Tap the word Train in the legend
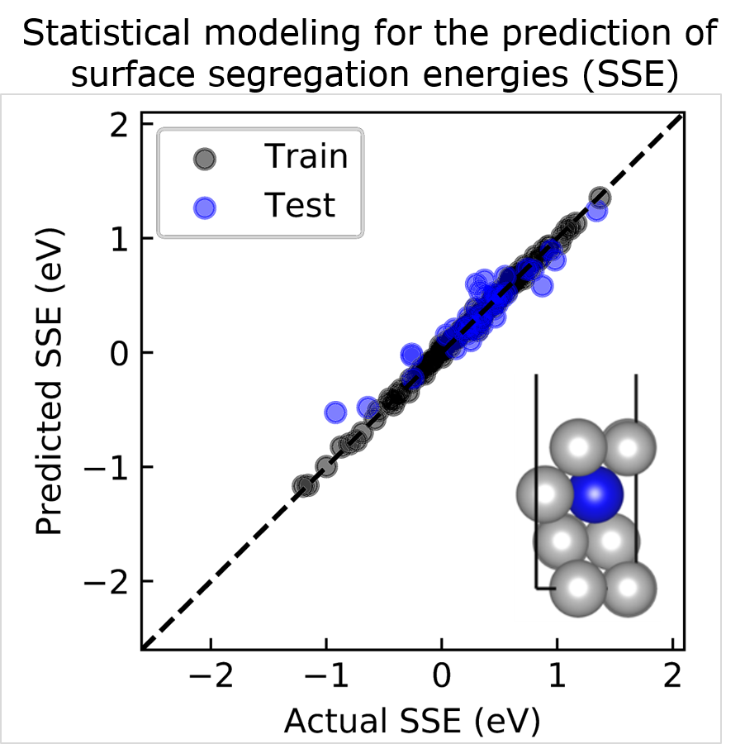(x=306, y=155)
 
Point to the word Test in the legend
(x=300, y=205)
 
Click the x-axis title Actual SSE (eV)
(x=411, y=721)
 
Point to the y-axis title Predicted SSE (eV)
(x=51, y=380)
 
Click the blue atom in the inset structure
(x=597, y=494)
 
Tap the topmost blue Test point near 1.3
(x=596, y=211)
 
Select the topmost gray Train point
(x=600, y=198)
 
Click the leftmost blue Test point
(x=335, y=411)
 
